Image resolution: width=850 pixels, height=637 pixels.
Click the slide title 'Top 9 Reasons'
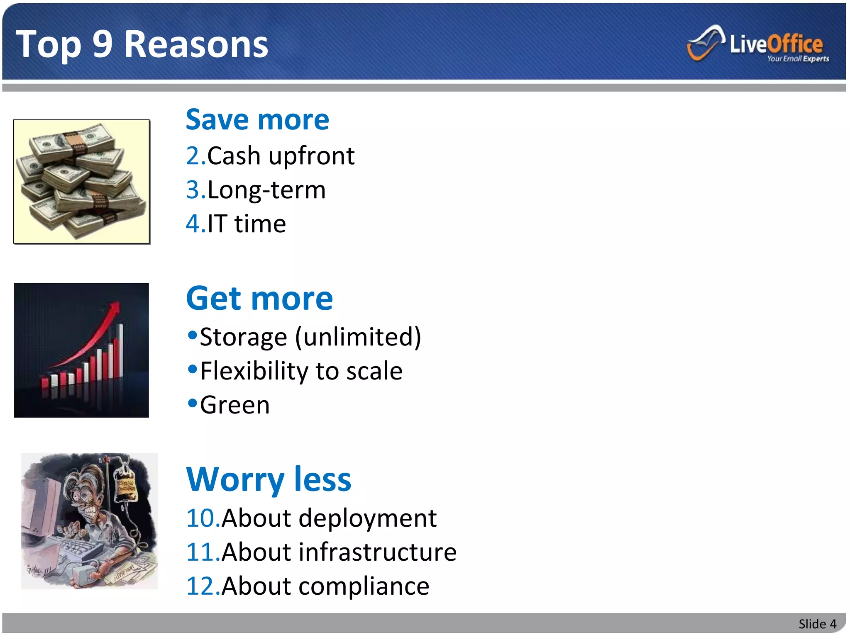point(142,44)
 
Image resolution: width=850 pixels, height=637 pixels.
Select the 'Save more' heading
point(257,120)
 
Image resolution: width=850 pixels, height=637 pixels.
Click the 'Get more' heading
point(259,299)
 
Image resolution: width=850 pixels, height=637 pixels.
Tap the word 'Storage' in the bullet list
point(243,337)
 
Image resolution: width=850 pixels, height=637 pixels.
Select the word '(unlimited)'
point(358,337)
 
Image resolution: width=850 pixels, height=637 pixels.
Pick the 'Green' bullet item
point(234,405)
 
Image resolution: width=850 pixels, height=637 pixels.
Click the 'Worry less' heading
point(269,480)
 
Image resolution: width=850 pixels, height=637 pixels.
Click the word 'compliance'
point(364,586)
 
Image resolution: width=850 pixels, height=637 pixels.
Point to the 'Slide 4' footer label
point(817,624)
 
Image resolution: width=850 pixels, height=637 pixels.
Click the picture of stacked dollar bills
point(81,182)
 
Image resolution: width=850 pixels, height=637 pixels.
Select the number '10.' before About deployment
point(203,518)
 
